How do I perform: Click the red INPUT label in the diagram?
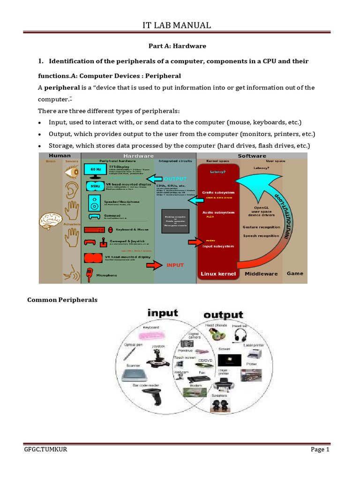pyautogui.click(x=175, y=265)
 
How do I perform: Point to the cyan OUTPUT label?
pyautogui.click(x=175, y=179)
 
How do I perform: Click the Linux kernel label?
pyautogui.click(x=218, y=274)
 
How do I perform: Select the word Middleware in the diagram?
pyautogui.click(x=261, y=274)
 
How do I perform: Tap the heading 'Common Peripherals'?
pyautogui.click(x=62, y=300)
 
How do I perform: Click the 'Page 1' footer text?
pyautogui.click(x=320, y=450)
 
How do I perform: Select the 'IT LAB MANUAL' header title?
pyautogui.click(x=177, y=25)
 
